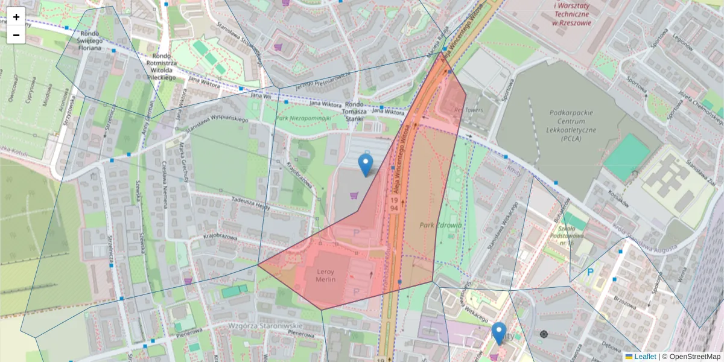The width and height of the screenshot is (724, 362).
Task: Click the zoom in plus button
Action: (16, 17)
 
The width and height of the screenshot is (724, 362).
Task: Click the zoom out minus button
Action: (16, 35)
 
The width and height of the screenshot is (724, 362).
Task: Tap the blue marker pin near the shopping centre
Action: (365, 164)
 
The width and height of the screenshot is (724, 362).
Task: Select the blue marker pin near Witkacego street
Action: (498, 332)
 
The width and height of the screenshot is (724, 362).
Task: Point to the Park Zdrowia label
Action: (440, 225)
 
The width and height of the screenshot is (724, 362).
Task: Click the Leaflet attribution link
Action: (644, 357)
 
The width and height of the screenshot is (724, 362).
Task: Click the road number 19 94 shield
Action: (393, 203)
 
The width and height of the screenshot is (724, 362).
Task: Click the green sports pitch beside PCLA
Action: (627, 157)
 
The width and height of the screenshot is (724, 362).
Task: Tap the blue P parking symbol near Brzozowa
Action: (591, 272)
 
